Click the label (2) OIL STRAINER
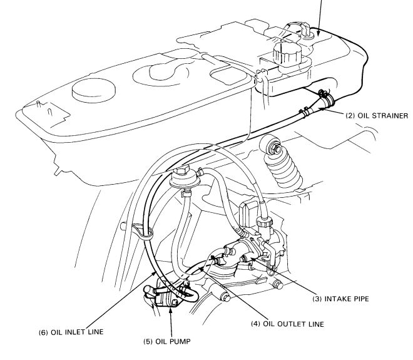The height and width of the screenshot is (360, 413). [377, 116]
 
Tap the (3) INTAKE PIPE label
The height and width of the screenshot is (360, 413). [340, 299]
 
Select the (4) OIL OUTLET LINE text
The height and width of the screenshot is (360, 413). [287, 324]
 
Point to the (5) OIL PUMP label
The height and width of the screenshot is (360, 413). [166, 342]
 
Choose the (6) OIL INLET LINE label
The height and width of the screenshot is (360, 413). [71, 332]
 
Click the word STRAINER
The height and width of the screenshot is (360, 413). [390, 116]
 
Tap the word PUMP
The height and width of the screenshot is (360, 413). [180, 342]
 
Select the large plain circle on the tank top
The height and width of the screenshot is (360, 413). [93, 90]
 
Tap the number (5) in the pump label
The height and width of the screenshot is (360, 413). [148, 342]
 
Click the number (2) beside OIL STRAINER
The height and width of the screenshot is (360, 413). [350, 116]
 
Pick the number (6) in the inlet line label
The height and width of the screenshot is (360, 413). [43, 332]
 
